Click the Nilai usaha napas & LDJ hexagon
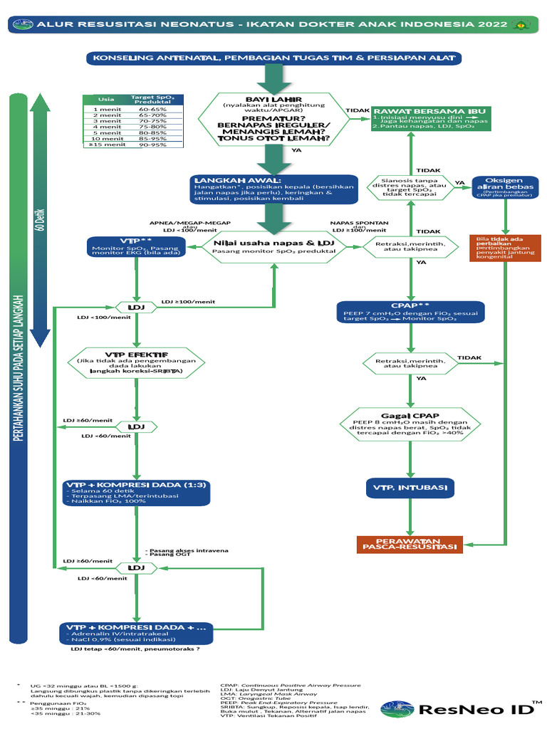pyautogui.click(x=274, y=247)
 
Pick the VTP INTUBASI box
pyautogui.click(x=410, y=488)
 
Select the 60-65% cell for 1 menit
pyautogui.click(x=152, y=110)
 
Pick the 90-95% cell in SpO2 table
pyautogui.click(x=152, y=145)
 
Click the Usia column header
pyautogui.click(x=106, y=100)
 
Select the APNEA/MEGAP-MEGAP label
pyautogui.click(x=189, y=222)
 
